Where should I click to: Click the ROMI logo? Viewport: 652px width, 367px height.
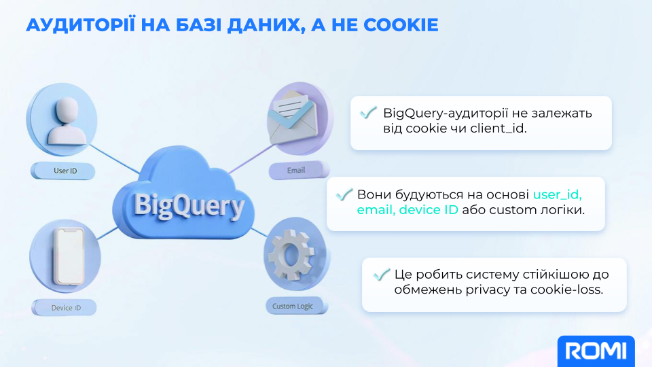click(x=596, y=351)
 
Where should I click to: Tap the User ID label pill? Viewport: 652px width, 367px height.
click(x=62, y=171)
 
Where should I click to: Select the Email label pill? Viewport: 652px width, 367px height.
click(x=299, y=170)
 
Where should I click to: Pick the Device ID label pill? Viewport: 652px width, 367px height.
click(x=65, y=307)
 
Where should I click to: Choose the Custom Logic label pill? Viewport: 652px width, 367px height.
click(x=297, y=306)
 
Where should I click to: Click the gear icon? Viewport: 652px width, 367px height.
click(x=291, y=255)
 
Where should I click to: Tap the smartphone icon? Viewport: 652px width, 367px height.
click(x=69, y=256)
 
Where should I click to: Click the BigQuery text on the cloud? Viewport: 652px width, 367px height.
click(x=189, y=205)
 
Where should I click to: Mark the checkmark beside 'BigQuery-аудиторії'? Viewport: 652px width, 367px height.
click(x=368, y=112)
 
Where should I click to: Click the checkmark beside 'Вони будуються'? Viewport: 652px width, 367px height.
click(x=344, y=194)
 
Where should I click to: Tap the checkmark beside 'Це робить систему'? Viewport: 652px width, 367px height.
click(x=381, y=274)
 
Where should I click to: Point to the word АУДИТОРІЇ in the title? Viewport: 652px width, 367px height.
click(x=81, y=25)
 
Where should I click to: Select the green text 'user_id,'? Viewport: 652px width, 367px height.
click(x=557, y=195)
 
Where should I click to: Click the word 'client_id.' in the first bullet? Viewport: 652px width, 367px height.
click(x=498, y=128)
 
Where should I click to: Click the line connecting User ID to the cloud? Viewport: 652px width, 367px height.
click(x=114, y=158)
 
